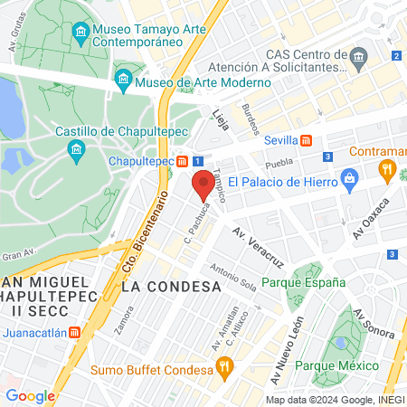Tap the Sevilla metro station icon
[307, 140]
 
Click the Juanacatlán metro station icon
[76, 332]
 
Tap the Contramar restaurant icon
[387, 167]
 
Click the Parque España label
[303, 281]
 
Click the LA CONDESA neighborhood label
[171, 287]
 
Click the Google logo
[31, 395]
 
